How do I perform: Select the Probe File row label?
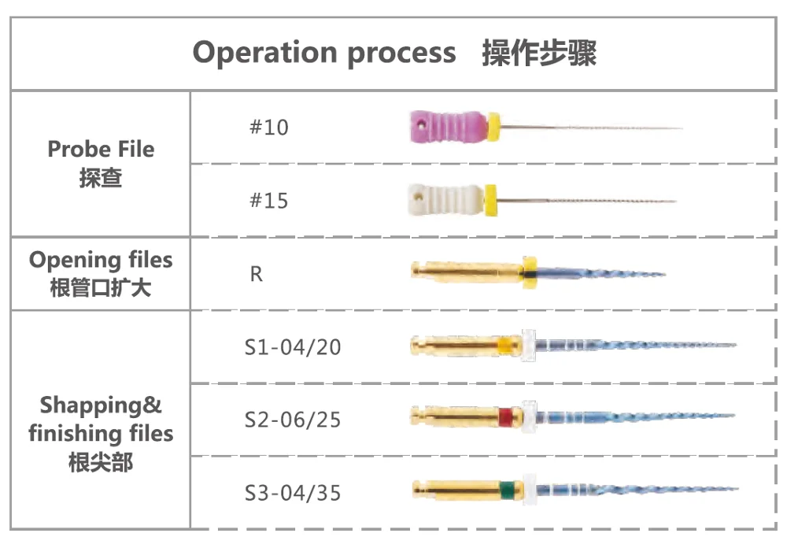(101, 150)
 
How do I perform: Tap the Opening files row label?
(101, 261)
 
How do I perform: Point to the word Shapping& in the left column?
(101, 405)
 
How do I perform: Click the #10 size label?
(269, 128)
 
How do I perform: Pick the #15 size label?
(269, 201)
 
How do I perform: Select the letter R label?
(257, 274)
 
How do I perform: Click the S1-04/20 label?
(293, 347)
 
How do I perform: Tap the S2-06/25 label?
(293, 420)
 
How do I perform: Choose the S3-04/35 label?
(293, 493)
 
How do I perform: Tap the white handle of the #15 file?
(445, 199)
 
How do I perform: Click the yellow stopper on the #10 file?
(493, 127)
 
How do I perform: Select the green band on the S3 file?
(508, 490)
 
